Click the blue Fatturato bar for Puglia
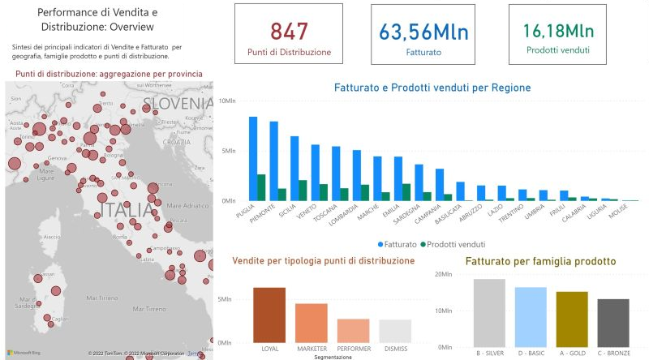[253, 159]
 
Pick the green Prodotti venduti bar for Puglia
[261, 187]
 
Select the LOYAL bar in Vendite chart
[269, 315]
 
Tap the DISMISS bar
[395, 331]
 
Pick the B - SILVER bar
[489, 312]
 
